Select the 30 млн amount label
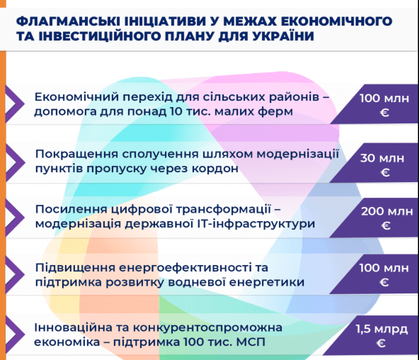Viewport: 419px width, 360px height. click(x=382, y=158)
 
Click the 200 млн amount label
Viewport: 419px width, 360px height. click(x=387, y=212)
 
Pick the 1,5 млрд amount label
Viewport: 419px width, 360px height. click(x=382, y=329)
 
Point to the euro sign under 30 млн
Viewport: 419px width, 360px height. click(x=385, y=173)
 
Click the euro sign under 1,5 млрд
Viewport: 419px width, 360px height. click(x=381, y=343)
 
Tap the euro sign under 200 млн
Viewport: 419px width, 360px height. click(x=386, y=226)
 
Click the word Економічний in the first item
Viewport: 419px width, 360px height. click(x=77, y=97)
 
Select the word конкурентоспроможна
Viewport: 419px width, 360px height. click(x=208, y=328)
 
